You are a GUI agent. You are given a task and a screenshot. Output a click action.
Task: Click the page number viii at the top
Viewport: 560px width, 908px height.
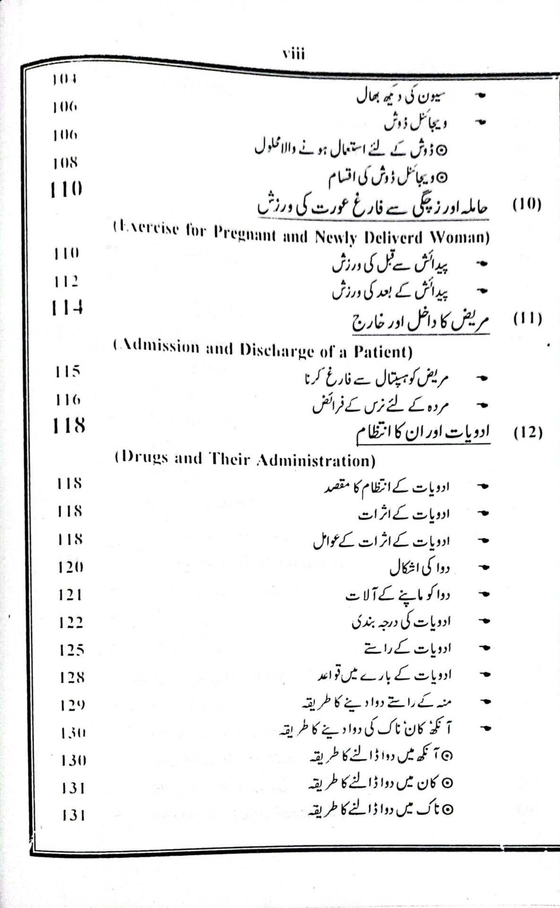[x=293, y=54]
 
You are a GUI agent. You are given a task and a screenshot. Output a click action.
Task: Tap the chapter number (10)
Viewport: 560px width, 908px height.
[x=527, y=205]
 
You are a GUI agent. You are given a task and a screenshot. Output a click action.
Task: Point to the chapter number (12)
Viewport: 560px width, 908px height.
[x=527, y=433]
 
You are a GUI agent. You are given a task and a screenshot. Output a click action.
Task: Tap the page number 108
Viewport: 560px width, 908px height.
[x=65, y=163]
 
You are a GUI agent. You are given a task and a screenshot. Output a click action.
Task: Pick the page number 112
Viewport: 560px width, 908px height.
[x=66, y=281]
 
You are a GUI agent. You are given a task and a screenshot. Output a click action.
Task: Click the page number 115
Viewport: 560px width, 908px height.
[x=67, y=372]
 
